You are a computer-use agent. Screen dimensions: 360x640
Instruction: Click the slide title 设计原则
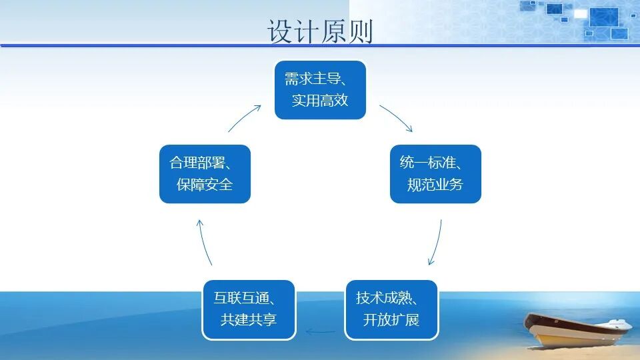click(320, 31)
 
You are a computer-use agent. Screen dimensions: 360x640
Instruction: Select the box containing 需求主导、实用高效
click(320, 90)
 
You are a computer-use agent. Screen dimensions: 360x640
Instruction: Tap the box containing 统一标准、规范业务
click(435, 173)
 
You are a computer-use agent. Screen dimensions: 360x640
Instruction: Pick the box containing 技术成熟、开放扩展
click(391, 309)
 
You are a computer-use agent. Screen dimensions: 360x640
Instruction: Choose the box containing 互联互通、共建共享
click(249, 309)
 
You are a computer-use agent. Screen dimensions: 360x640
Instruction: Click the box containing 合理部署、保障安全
click(205, 173)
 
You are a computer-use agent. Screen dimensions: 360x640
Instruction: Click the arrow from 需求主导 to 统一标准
click(397, 117)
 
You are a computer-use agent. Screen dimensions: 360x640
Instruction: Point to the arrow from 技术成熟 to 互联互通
click(321, 331)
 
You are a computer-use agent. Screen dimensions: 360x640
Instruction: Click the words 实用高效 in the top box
click(320, 101)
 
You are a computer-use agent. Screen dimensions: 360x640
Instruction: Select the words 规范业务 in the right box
click(435, 185)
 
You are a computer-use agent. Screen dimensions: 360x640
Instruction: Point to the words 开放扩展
click(391, 320)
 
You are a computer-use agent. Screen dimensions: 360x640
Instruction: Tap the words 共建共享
click(249, 320)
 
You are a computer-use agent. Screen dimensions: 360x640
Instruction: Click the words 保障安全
click(205, 185)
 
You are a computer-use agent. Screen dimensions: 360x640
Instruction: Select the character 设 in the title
click(280, 31)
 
